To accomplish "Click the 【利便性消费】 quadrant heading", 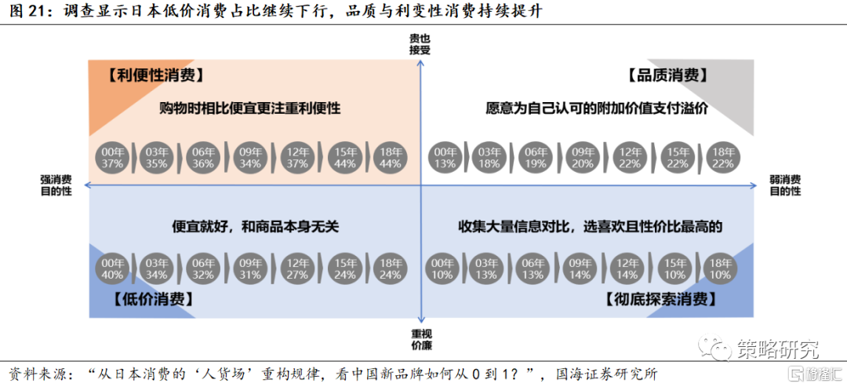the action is pyautogui.click(x=155, y=75).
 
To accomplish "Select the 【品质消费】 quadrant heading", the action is pyautogui.click(x=667, y=75).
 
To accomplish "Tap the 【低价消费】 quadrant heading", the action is pyautogui.click(x=154, y=298).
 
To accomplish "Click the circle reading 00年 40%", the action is pyautogui.click(x=113, y=268).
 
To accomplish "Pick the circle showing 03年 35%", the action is pyautogui.click(x=158, y=157).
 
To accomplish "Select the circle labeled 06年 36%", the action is pyautogui.click(x=204, y=157).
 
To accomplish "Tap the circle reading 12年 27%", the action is pyautogui.click(x=298, y=268).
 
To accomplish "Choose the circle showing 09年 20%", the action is pyautogui.click(x=580, y=157).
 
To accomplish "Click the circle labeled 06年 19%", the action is pyautogui.click(x=534, y=157).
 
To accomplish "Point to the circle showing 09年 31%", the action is pyautogui.click(x=251, y=268).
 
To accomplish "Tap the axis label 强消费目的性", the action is pyautogui.click(x=56, y=185).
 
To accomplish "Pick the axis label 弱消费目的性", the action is pyautogui.click(x=785, y=185).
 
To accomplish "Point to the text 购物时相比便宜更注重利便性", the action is pyautogui.click(x=250, y=108).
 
